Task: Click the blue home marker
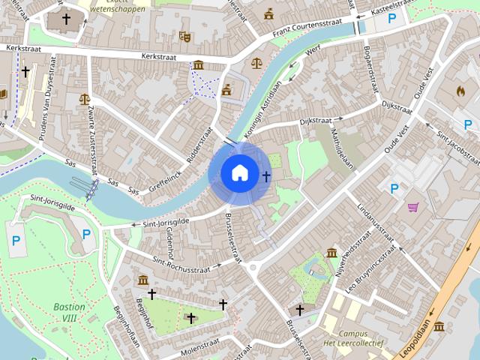click(239, 173)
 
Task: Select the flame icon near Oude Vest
click(460, 91)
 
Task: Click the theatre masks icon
click(185, 35)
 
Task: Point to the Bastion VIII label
click(69, 313)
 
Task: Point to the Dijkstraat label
click(315, 120)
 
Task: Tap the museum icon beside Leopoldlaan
click(439, 326)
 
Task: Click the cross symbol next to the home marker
click(265, 175)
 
